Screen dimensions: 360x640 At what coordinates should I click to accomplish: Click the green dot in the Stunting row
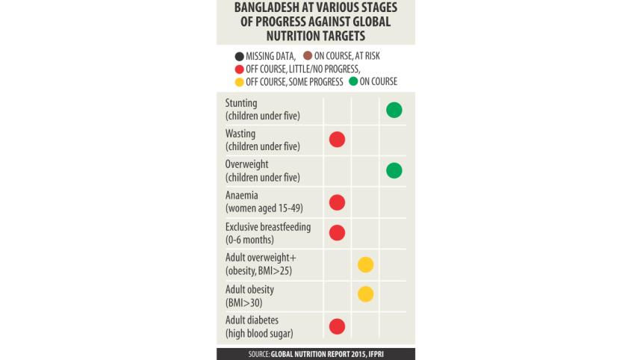pyautogui.click(x=394, y=110)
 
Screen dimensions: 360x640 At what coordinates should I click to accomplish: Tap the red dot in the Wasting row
pyautogui.click(x=337, y=139)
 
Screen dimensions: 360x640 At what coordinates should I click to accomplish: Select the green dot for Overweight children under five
pyautogui.click(x=394, y=170)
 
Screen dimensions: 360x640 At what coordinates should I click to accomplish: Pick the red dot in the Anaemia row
pyautogui.click(x=337, y=202)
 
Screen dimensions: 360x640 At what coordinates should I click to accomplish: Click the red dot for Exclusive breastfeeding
pyautogui.click(x=337, y=232)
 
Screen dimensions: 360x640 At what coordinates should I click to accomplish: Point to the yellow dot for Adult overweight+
pyautogui.click(x=365, y=264)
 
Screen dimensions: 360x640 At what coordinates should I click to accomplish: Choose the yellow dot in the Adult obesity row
pyautogui.click(x=365, y=294)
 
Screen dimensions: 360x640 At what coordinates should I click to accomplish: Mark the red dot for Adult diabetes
pyautogui.click(x=337, y=326)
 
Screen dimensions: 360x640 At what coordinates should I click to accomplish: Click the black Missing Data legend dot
pyautogui.click(x=239, y=55)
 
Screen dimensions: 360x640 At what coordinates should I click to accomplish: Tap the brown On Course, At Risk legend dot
pyautogui.click(x=308, y=55)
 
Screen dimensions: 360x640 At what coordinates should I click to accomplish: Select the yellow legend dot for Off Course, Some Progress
pyautogui.click(x=239, y=81)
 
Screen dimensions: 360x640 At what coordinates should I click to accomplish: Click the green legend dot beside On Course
pyautogui.click(x=353, y=81)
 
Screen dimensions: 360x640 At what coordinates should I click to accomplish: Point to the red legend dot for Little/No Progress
pyautogui.click(x=239, y=69)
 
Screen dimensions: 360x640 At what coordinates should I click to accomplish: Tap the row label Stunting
pyautogui.click(x=240, y=103)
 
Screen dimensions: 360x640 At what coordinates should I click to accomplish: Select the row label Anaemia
pyautogui.click(x=241, y=196)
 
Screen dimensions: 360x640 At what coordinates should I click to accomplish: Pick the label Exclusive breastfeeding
pyautogui.click(x=268, y=226)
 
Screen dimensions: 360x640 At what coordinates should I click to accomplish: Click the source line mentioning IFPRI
pyautogui.click(x=315, y=354)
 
